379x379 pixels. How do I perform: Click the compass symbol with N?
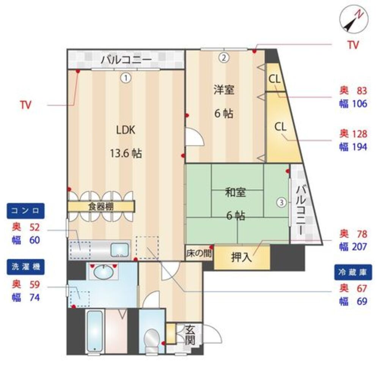click(x=354, y=19)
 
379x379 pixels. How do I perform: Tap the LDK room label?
click(x=126, y=130)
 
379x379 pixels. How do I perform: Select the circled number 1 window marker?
click(x=126, y=78)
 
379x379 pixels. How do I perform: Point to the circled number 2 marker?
click(x=224, y=58)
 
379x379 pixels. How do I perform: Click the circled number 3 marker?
click(x=281, y=202)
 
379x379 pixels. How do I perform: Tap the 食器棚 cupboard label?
click(x=101, y=207)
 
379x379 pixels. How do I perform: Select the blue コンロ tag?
click(x=26, y=211)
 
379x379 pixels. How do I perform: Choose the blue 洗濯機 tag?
click(x=26, y=267)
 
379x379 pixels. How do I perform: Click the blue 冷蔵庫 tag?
click(x=353, y=273)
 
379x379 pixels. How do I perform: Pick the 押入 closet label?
click(x=241, y=257)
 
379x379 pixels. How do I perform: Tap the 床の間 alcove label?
click(x=199, y=253)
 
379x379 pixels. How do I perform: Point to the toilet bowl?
click(x=151, y=340)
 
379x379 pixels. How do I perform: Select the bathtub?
click(x=95, y=331)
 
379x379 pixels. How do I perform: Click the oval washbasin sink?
click(x=104, y=272)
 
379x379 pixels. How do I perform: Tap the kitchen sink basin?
click(x=120, y=250)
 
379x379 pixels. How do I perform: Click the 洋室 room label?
click(x=224, y=90)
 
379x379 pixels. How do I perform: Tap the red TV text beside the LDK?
click(x=26, y=105)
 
